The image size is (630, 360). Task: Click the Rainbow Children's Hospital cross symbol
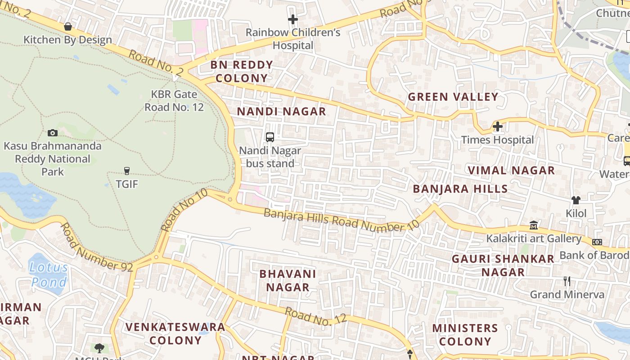pos(293,19)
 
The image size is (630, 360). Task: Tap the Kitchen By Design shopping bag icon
pos(68,27)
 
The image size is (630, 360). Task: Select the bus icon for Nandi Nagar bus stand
pos(270,137)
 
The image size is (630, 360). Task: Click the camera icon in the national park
pos(53,133)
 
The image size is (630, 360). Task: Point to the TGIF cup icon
pos(126,171)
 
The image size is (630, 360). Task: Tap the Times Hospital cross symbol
pos(497,127)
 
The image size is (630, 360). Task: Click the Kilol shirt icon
pos(576,200)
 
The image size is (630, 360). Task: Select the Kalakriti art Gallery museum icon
pos(534,225)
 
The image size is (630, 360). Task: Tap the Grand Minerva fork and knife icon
pos(567,282)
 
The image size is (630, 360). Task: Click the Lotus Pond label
pos(49,275)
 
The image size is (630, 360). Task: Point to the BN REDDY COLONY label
pos(242,72)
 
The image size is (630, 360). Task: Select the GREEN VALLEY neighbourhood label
pos(453,97)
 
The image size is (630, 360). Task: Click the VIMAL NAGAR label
pos(511,171)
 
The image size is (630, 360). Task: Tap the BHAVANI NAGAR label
pos(288,280)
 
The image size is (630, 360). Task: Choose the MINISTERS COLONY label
pos(465,334)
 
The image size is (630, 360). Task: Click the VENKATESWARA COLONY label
pos(175,333)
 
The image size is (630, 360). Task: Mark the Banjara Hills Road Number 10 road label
pos(342,220)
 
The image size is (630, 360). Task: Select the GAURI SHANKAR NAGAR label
pos(503,265)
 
